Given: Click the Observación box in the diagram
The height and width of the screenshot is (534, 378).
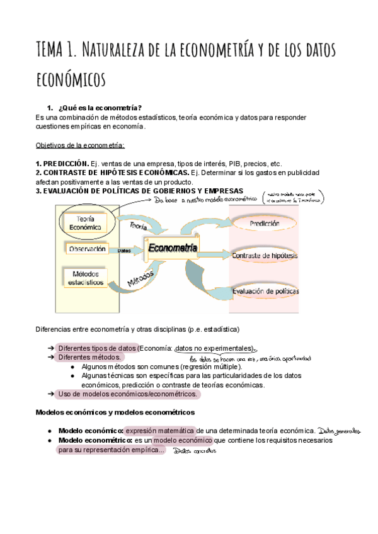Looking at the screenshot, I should point(88,249).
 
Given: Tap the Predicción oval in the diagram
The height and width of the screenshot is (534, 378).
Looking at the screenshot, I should point(265,224).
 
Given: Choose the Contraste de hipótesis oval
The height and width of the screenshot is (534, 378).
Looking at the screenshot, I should point(265,256).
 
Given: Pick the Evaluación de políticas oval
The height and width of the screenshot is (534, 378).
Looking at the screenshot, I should point(265,291).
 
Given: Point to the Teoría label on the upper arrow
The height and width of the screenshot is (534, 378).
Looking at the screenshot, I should point(139,225).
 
